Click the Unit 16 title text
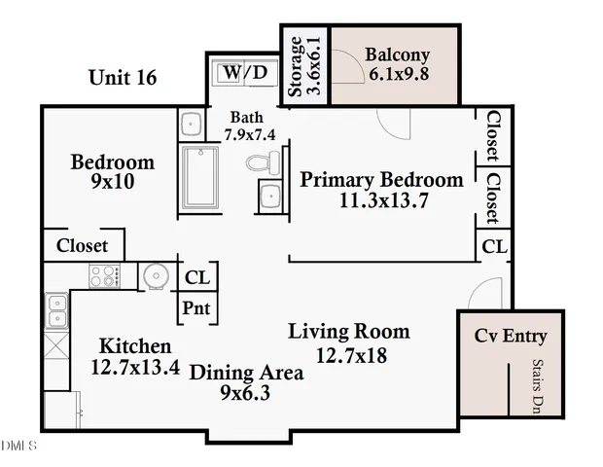tap(123, 77)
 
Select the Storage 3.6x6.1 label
tap(304, 66)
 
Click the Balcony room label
tap(397, 64)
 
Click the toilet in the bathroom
tap(261, 162)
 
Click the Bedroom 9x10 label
tap(113, 171)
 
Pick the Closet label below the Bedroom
tap(83, 246)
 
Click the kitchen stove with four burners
tap(104, 276)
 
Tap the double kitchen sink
tap(55, 312)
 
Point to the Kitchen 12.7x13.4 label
tap(135, 356)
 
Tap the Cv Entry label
tap(511, 337)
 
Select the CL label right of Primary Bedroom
tap(495, 247)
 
